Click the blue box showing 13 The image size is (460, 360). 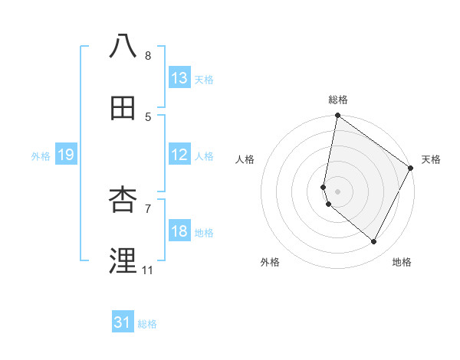[179, 78]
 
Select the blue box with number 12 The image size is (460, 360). [179, 155]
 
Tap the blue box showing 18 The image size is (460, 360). [179, 231]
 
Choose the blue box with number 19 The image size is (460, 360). [65, 155]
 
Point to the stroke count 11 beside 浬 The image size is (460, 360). [147, 270]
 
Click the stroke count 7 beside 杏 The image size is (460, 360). [148, 208]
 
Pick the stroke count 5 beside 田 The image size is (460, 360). [148, 116]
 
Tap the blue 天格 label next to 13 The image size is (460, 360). [204, 79]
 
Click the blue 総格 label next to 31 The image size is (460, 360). [147, 323]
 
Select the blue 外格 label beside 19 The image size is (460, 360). [41, 155]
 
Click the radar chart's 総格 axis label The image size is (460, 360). [338, 100]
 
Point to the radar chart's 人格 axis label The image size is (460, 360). [245, 159]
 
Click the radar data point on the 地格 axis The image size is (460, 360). [374, 241]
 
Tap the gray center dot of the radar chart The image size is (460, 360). [338, 191]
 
